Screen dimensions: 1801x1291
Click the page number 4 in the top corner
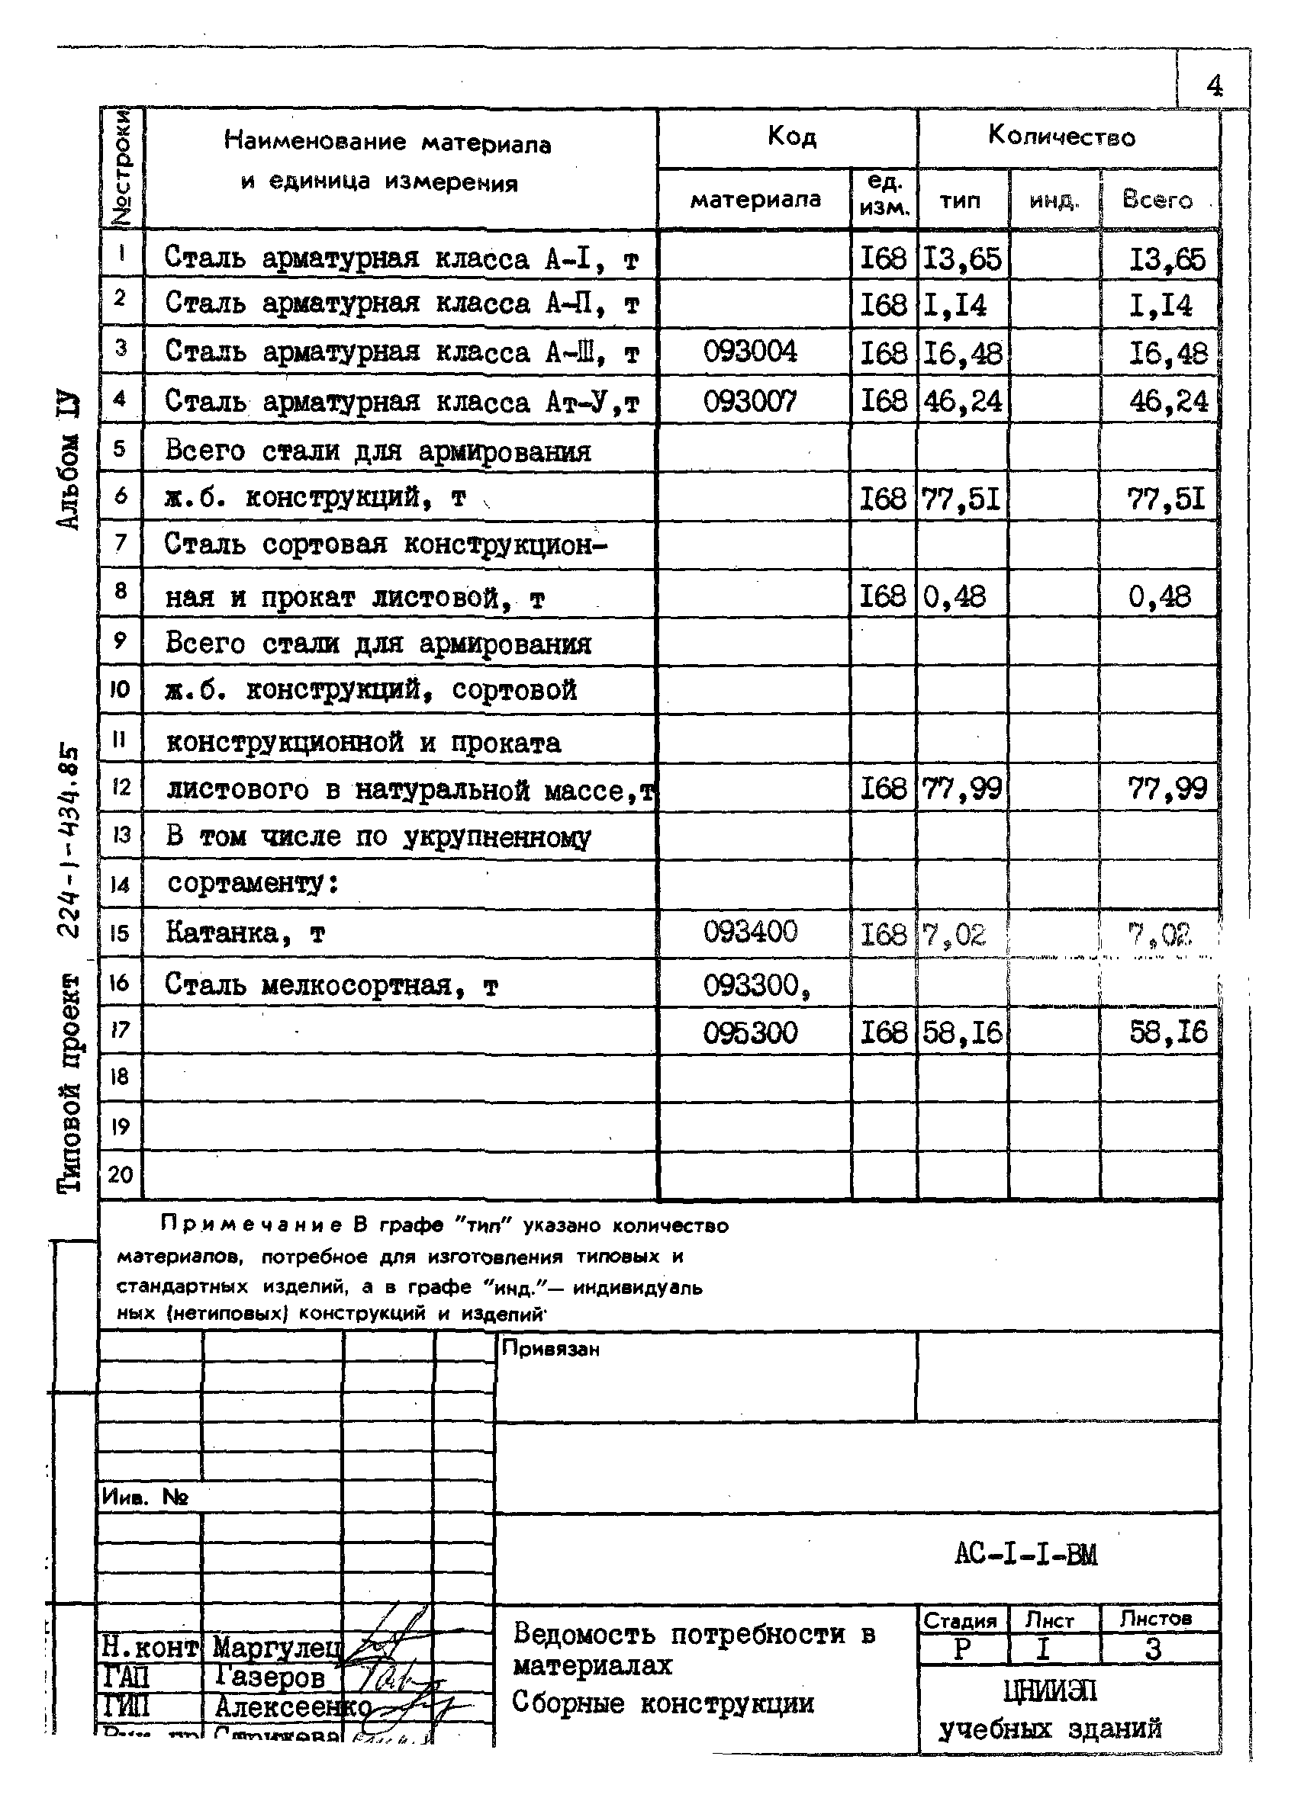(1213, 85)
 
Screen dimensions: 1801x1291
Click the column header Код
(791, 136)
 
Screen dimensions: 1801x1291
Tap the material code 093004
(750, 351)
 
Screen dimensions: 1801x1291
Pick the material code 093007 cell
(750, 401)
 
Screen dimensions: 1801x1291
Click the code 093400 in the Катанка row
(750, 932)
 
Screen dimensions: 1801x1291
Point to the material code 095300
(750, 1033)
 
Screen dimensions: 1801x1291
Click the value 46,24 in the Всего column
(1168, 401)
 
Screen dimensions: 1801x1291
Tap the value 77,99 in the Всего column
(1167, 788)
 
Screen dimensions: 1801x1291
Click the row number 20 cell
(120, 1173)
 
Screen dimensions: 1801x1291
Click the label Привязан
(551, 1349)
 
